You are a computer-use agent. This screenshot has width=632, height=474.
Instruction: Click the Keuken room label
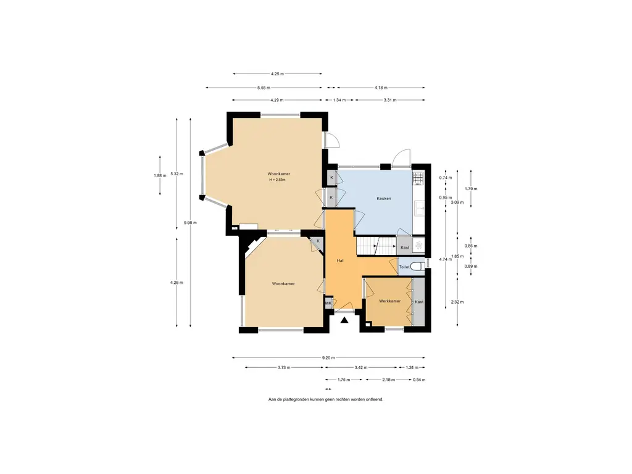(384, 198)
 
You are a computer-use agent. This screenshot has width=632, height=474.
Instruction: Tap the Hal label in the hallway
(340, 261)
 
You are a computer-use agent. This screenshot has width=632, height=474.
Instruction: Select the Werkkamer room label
(390, 301)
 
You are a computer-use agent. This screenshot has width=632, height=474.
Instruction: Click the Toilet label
(404, 267)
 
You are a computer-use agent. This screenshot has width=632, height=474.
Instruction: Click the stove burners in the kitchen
(418, 178)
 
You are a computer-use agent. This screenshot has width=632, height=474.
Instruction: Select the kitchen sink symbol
(418, 208)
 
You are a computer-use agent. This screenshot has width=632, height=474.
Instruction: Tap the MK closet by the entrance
(328, 302)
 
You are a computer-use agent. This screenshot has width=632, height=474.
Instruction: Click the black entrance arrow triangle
(344, 320)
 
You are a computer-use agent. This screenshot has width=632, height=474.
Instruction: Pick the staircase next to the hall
(376, 246)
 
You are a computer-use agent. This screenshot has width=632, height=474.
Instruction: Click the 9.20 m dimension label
(328, 357)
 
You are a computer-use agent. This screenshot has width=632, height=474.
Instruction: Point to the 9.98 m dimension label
(190, 222)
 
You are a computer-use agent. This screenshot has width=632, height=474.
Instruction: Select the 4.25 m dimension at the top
(277, 74)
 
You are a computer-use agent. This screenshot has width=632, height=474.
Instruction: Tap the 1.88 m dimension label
(160, 175)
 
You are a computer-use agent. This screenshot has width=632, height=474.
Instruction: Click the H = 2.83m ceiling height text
(277, 180)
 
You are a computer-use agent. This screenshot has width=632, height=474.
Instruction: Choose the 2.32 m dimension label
(457, 302)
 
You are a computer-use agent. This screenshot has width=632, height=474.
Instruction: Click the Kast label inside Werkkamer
(419, 302)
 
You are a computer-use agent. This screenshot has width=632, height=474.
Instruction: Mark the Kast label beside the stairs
(405, 247)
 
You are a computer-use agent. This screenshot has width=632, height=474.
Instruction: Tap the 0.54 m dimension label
(419, 380)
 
